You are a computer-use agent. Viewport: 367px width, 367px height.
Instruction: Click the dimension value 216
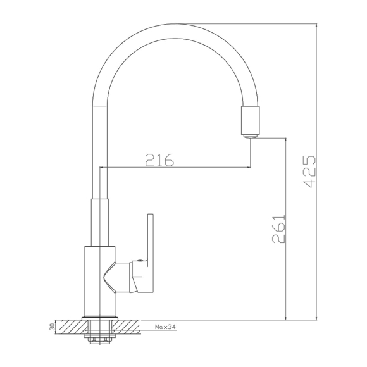[159, 160]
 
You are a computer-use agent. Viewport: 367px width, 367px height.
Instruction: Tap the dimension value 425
[309, 171]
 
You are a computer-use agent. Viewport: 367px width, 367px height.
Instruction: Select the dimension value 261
[278, 228]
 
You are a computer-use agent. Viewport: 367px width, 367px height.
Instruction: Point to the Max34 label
[165, 327]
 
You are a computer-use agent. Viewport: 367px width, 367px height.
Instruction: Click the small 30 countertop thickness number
[53, 327]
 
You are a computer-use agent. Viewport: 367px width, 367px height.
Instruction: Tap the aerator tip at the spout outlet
[250, 136]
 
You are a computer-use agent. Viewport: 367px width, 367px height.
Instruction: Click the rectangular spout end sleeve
[250, 120]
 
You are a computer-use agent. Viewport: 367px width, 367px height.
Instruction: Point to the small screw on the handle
[140, 260]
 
